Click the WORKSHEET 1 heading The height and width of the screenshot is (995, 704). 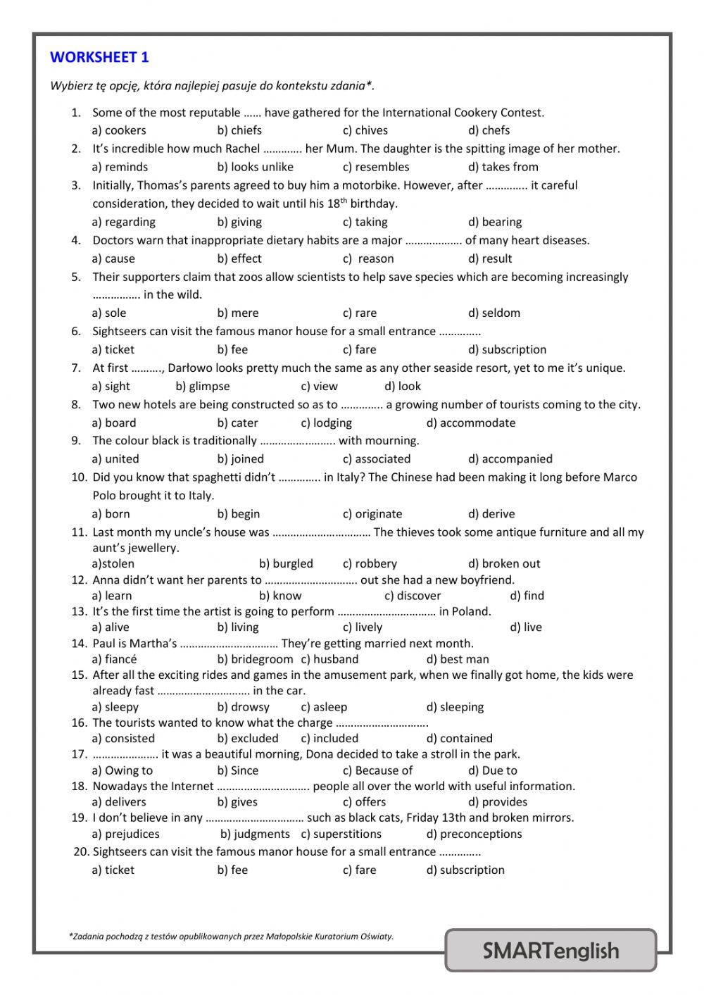99,57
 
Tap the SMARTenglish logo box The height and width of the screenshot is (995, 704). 551,951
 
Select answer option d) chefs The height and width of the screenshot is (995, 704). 489,130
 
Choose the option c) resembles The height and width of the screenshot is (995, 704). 376,167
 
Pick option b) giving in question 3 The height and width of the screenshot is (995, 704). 239,222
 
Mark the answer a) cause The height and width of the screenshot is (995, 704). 113,258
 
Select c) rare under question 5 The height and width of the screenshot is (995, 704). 360,313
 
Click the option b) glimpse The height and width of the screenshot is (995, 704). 203,386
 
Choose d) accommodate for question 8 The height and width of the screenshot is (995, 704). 471,423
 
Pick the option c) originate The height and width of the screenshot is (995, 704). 372,513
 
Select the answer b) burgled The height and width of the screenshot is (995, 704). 286,563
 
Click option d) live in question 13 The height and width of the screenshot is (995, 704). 526,627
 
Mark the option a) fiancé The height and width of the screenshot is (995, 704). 114,659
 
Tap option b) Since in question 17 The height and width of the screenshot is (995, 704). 238,770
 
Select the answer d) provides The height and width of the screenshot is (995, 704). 498,801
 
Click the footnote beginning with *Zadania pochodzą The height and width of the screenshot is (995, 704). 232,936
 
